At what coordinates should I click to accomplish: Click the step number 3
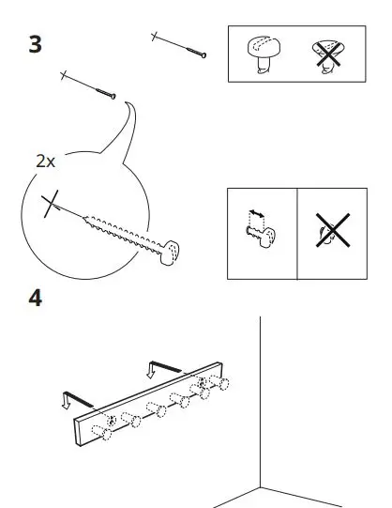(36, 44)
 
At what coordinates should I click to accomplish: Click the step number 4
(35, 300)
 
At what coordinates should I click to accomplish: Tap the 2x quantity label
(46, 161)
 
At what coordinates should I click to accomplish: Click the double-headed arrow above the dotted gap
(250, 215)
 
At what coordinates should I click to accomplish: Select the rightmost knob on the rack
(222, 384)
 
